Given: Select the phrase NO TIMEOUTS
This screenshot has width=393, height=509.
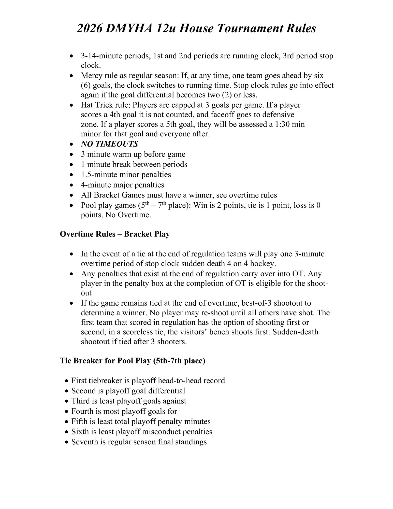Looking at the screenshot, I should pos(109,144).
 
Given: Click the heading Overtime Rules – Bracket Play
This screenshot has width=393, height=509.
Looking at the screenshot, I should pos(115,234).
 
